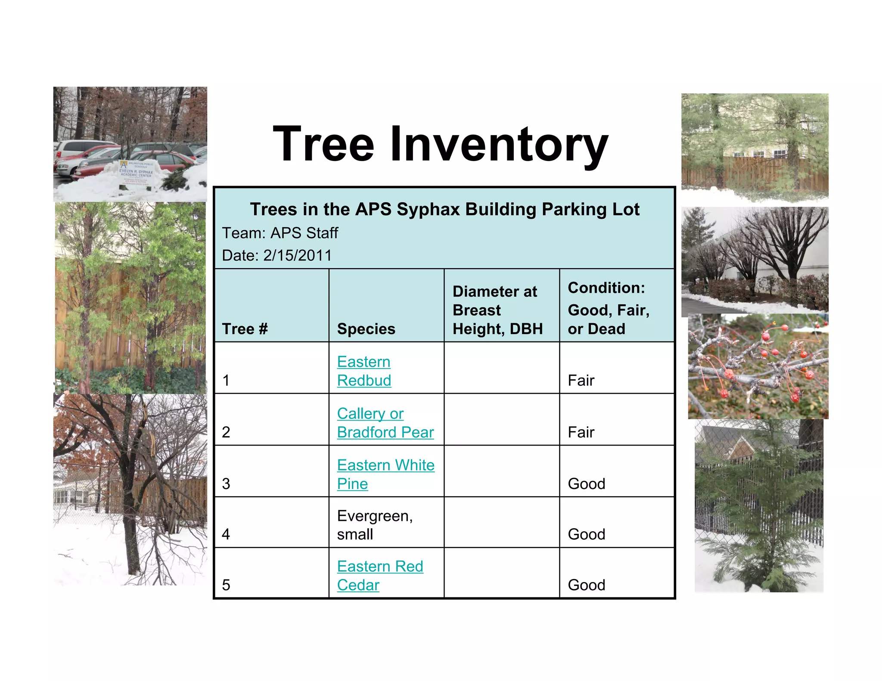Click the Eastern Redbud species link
point(364,371)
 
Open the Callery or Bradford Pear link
point(385,423)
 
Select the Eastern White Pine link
point(385,474)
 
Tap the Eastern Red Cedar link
point(380,575)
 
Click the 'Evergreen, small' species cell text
point(375,525)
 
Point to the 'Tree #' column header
point(245,329)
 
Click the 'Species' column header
point(366,329)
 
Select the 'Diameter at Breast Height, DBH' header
point(497,310)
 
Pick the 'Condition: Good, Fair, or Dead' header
point(608,308)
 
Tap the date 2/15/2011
point(297,255)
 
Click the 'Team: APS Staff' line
point(280,233)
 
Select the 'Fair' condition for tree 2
point(581,432)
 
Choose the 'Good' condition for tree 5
point(587,585)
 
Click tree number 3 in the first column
point(226,483)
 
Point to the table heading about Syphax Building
point(444,209)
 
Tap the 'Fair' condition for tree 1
point(581,380)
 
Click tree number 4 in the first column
point(226,534)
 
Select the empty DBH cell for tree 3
point(502,471)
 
